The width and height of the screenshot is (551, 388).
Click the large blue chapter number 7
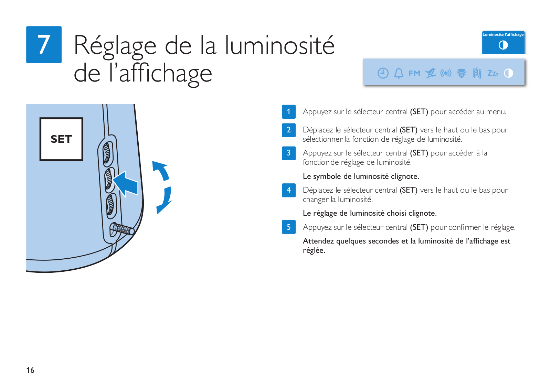(44, 44)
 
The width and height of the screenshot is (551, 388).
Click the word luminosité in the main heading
(279, 45)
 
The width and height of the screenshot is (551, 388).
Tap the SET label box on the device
(61, 139)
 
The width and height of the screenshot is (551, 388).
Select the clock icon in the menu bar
(383, 73)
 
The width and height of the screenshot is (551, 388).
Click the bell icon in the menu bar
(399, 73)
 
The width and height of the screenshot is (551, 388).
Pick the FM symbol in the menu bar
(414, 73)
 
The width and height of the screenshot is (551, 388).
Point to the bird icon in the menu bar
(430, 73)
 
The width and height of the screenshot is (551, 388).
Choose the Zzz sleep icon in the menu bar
(493, 73)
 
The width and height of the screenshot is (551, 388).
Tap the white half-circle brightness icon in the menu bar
(508, 73)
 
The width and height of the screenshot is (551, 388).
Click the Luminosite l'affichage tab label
(503, 34)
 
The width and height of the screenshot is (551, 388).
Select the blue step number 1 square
(288, 112)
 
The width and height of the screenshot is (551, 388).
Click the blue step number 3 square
(288, 153)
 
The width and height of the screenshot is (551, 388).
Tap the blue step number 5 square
(288, 227)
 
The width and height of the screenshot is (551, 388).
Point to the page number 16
(30, 370)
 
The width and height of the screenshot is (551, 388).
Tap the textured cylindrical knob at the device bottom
(122, 229)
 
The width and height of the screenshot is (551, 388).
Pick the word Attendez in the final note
(318, 241)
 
